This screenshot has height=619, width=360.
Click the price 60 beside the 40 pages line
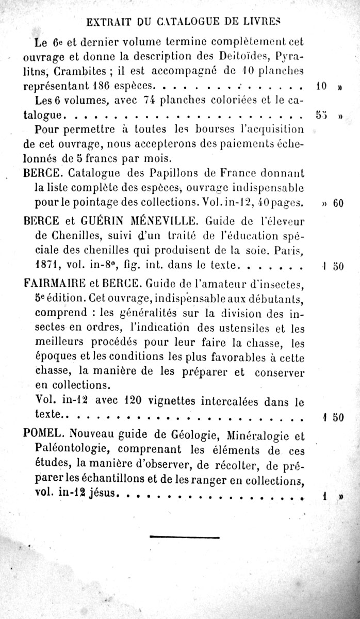tap(338, 203)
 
